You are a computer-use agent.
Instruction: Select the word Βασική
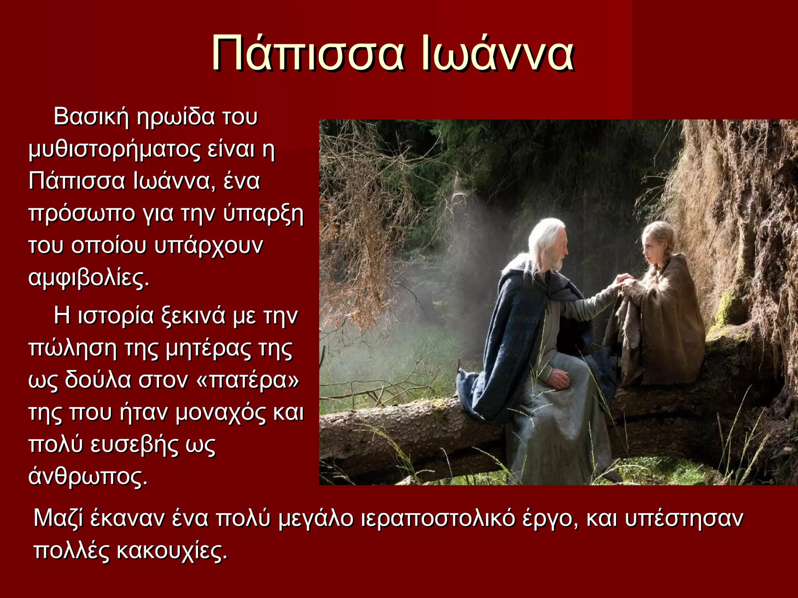(x=91, y=117)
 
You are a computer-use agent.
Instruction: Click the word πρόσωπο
(x=81, y=214)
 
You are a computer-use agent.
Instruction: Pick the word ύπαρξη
(x=263, y=214)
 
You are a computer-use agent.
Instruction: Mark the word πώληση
(x=72, y=349)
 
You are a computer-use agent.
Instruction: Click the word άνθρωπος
(x=88, y=477)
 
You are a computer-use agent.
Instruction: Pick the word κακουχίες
(x=171, y=551)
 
